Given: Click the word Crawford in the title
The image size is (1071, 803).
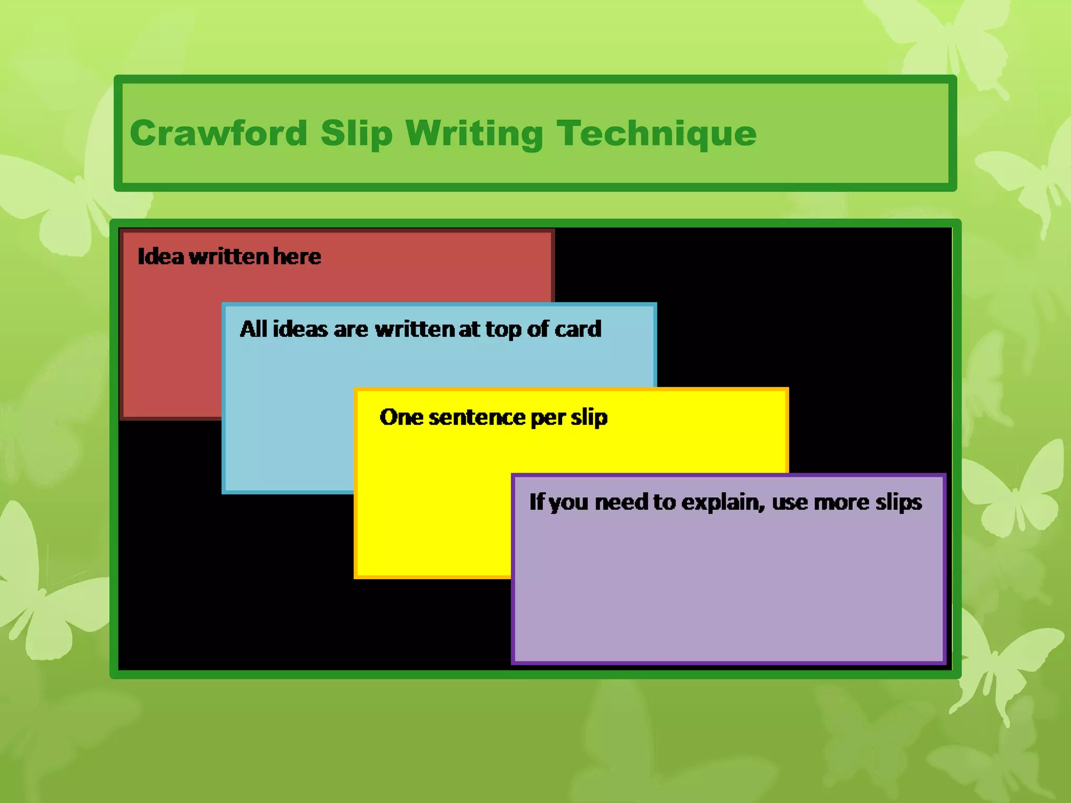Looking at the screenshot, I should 218,133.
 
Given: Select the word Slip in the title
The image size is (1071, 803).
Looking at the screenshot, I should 356,134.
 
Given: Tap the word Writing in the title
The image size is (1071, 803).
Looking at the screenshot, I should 474,134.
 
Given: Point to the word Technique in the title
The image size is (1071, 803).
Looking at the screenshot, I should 656,134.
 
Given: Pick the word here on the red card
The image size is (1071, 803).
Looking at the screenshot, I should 297,257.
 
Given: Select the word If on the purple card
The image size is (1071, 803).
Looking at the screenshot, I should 536,502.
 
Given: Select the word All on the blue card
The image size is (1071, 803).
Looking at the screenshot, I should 254,329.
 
